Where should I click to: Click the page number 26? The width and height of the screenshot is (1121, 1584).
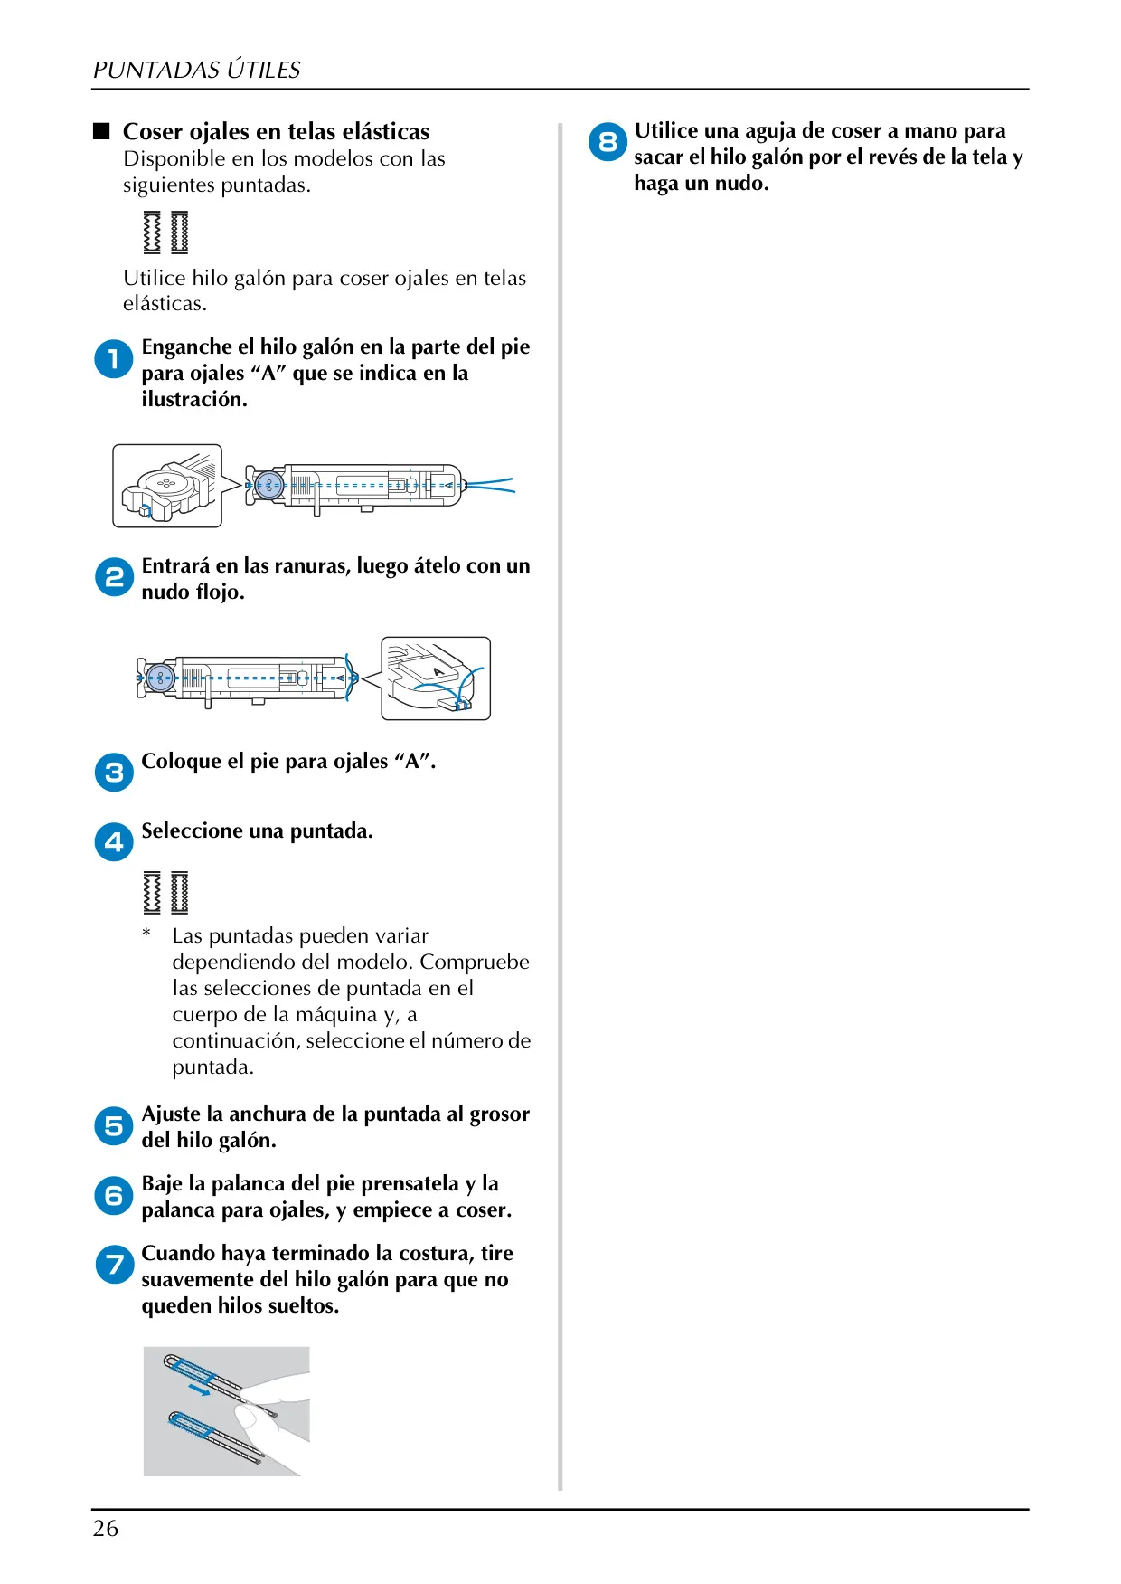(x=106, y=1528)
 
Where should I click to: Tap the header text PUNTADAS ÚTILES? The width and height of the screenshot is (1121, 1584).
(x=196, y=70)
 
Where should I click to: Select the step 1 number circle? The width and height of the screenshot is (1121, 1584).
(x=114, y=359)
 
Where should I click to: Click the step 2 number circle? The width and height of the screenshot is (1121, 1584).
(x=114, y=577)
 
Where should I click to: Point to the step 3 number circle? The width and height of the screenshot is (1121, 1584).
(x=114, y=773)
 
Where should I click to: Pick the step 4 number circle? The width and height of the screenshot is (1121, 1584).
(x=114, y=842)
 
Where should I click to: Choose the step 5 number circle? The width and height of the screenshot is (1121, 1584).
(x=114, y=1126)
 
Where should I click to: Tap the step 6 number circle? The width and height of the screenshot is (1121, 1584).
(x=114, y=1196)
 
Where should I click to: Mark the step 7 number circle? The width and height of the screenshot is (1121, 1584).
(x=114, y=1265)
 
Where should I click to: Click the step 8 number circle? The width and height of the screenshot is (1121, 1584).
(x=608, y=142)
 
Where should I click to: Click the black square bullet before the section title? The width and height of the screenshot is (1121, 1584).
(x=101, y=131)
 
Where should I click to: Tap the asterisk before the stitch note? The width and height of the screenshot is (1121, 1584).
(x=146, y=933)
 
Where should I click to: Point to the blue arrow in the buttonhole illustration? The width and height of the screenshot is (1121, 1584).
(x=199, y=1389)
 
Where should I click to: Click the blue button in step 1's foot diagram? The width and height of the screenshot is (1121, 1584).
(x=268, y=486)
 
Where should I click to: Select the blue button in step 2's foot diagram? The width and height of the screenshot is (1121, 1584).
(x=160, y=678)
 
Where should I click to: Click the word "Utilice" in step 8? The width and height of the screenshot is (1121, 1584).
(x=666, y=131)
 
